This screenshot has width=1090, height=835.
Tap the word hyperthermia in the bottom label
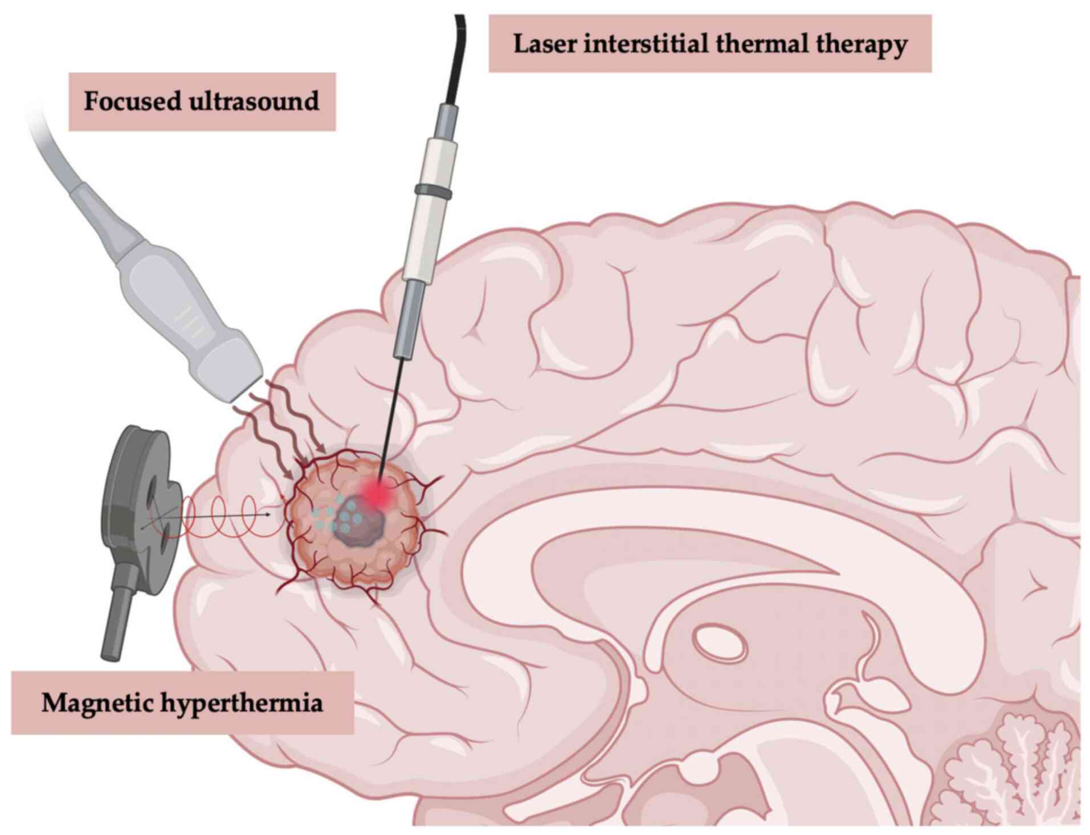click(242, 703)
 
